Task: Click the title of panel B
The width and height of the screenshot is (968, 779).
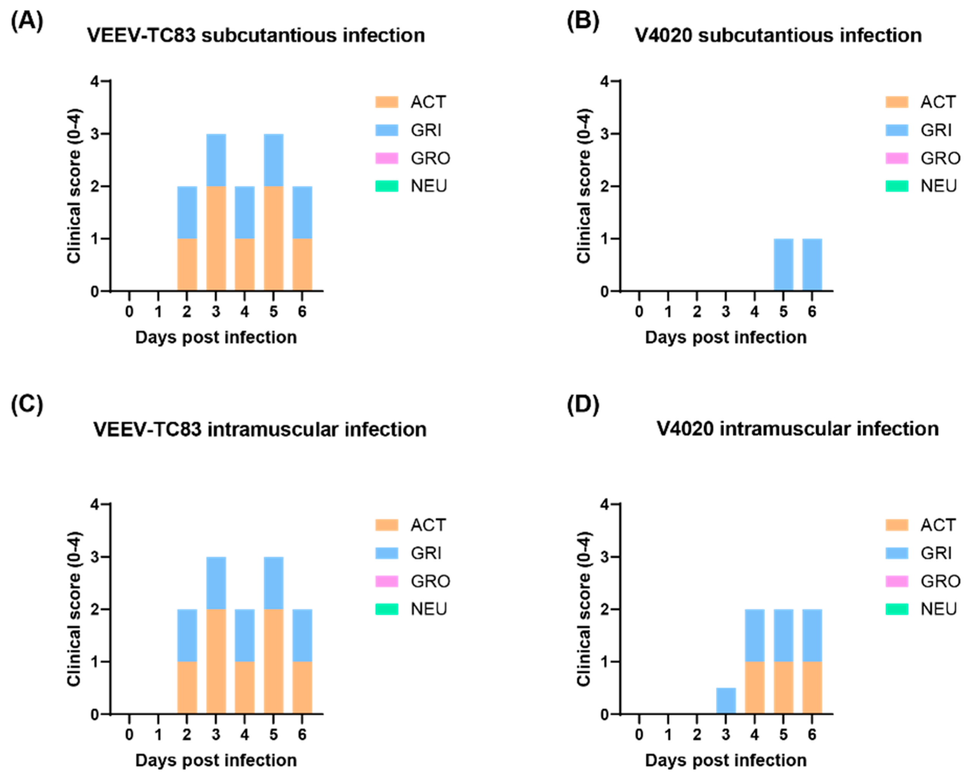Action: tap(778, 35)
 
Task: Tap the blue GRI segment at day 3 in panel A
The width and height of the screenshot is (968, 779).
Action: tap(216, 160)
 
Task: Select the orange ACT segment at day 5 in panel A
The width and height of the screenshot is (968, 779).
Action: tap(274, 238)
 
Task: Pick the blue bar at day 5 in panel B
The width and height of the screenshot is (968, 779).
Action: tap(783, 265)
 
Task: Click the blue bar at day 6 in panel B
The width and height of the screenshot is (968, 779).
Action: tap(812, 265)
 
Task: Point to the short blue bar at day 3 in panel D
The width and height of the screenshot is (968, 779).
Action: tap(726, 700)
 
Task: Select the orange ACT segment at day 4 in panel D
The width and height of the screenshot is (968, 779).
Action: tap(755, 687)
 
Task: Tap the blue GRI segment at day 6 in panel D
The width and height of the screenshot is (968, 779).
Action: tap(812, 635)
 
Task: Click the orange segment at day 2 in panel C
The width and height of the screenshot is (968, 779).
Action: tap(187, 687)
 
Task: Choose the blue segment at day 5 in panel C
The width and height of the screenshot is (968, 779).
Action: tap(274, 583)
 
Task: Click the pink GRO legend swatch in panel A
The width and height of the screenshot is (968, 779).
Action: tap(387, 158)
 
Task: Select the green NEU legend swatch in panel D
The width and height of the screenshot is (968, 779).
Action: tap(897, 609)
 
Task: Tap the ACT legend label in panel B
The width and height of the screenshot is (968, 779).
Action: tap(937, 102)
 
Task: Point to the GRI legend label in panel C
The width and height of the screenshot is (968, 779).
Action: tap(426, 553)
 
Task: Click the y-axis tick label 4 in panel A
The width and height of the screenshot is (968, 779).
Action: tap(94, 82)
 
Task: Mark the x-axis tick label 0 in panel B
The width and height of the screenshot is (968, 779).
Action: tap(639, 312)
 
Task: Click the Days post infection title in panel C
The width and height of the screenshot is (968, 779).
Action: tap(216, 760)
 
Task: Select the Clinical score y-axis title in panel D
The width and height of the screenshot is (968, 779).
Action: tap(584, 609)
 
